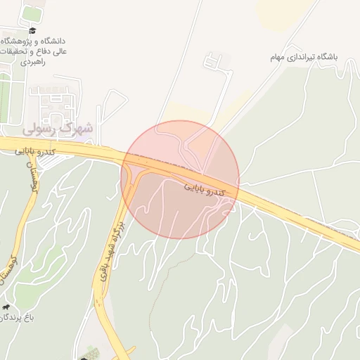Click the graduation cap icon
(x=32, y=30)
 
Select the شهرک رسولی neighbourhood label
(x=57, y=129)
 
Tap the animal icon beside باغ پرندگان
(x=6, y=307)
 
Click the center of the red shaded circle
(x=180, y=179)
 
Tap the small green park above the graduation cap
(x=31, y=13)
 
